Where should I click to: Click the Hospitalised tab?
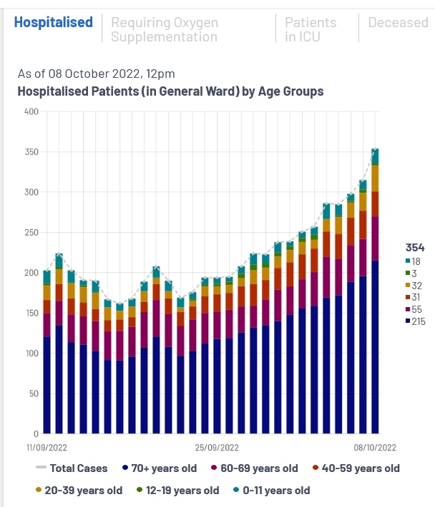pos(54,22)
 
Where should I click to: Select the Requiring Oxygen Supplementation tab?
pos(164,29)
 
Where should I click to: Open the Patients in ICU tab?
pos(311,29)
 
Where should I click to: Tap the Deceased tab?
pos(398,22)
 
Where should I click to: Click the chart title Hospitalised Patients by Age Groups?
pos(170,91)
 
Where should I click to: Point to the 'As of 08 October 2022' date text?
pos(96,74)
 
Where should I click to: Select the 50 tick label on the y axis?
pos(33,393)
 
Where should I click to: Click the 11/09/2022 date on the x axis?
pos(47,448)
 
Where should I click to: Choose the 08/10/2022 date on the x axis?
pos(375,448)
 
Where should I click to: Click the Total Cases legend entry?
pos(72,468)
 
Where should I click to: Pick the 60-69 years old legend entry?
pos(255,468)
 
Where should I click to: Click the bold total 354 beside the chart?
pos(415,248)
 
